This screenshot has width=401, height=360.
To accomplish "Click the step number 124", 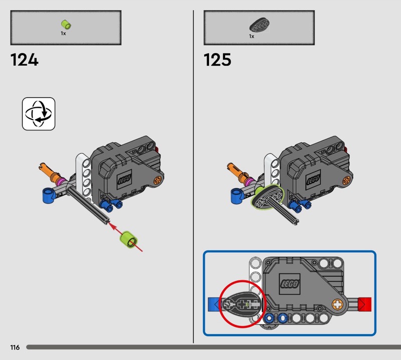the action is pyautogui.click(x=24, y=60).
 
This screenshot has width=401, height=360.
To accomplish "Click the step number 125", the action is pyautogui.click(x=218, y=60).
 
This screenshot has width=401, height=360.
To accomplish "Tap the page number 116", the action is pyautogui.click(x=15, y=347).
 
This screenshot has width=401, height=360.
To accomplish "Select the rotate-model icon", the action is pyautogui.click(x=39, y=114).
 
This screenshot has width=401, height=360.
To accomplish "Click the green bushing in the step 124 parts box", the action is pyautogui.click(x=66, y=25).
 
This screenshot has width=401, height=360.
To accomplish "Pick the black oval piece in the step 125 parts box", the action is pyautogui.click(x=259, y=25).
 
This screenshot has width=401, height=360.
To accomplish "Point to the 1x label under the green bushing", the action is pyautogui.click(x=63, y=34).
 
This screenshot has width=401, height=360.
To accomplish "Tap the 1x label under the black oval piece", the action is pyautogui.click(x=252, y=37).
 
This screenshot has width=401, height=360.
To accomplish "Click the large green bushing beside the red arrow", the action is pyautogui.click(x=129, y=240).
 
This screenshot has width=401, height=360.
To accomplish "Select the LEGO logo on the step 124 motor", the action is pyautogui.click(x=124, y=179).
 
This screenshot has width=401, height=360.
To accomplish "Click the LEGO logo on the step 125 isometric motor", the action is pyautogui.click(x=314, y=179).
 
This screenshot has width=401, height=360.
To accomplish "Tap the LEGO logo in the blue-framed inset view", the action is pyautogui.click(x=289, y=284).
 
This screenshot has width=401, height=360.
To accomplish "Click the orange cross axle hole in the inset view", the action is pyautogui.click(x=337, y=304).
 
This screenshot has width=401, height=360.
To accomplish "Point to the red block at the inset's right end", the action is pyautogui.click(x=365, y=304).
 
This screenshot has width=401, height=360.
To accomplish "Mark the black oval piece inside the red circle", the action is pyautogui.click(x=242, y=304).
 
